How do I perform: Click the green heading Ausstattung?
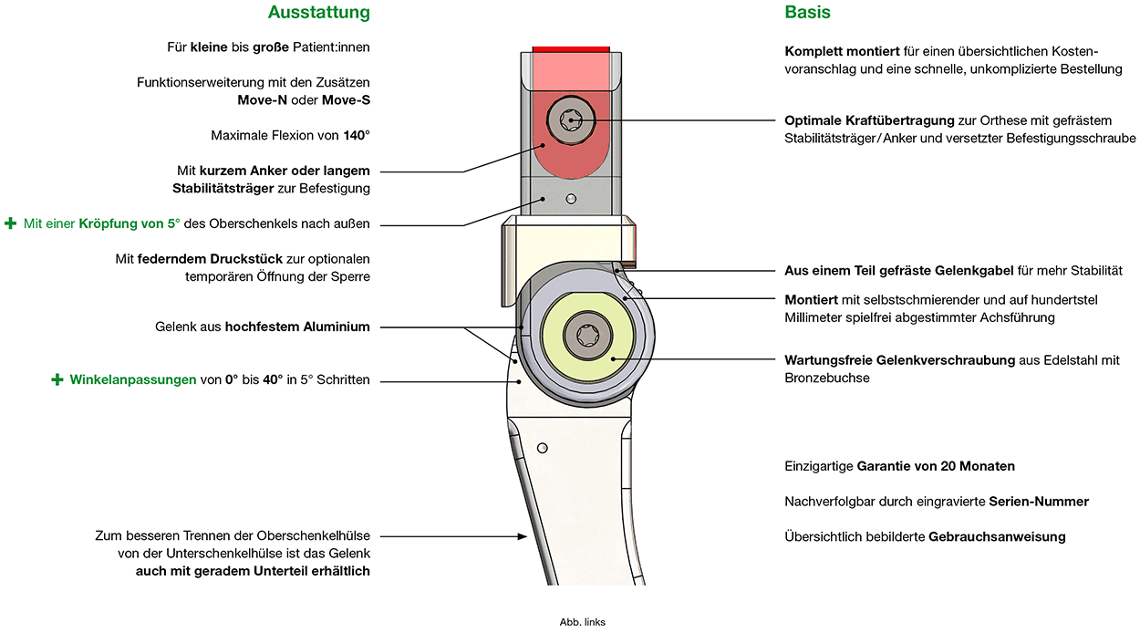click(319, 13)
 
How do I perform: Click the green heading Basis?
click(807, 12)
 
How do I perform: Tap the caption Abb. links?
click(582, 622)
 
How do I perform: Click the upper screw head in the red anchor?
click(571, 120)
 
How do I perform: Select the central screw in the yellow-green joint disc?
click(587, 336)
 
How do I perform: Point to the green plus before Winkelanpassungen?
click(57, 379)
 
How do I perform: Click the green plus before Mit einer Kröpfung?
click(10, 223)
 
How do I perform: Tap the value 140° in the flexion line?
click(357, 135)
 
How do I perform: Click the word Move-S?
click(346, 100)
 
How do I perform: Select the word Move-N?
click(262, 100)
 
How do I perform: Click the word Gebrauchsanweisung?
click(997, 537)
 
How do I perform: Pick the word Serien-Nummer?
click(1039, 502)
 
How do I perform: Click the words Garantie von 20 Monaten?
click(936, 466)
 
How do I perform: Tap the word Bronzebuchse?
click(827, 379)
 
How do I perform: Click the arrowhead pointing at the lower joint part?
click(523, 536)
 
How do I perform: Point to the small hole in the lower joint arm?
click(543, 448)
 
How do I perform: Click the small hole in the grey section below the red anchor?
click(571, 199)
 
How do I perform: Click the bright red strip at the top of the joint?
click(571, 49)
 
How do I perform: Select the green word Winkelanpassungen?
click(133, 380)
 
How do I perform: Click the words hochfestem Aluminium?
click(297, 327)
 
